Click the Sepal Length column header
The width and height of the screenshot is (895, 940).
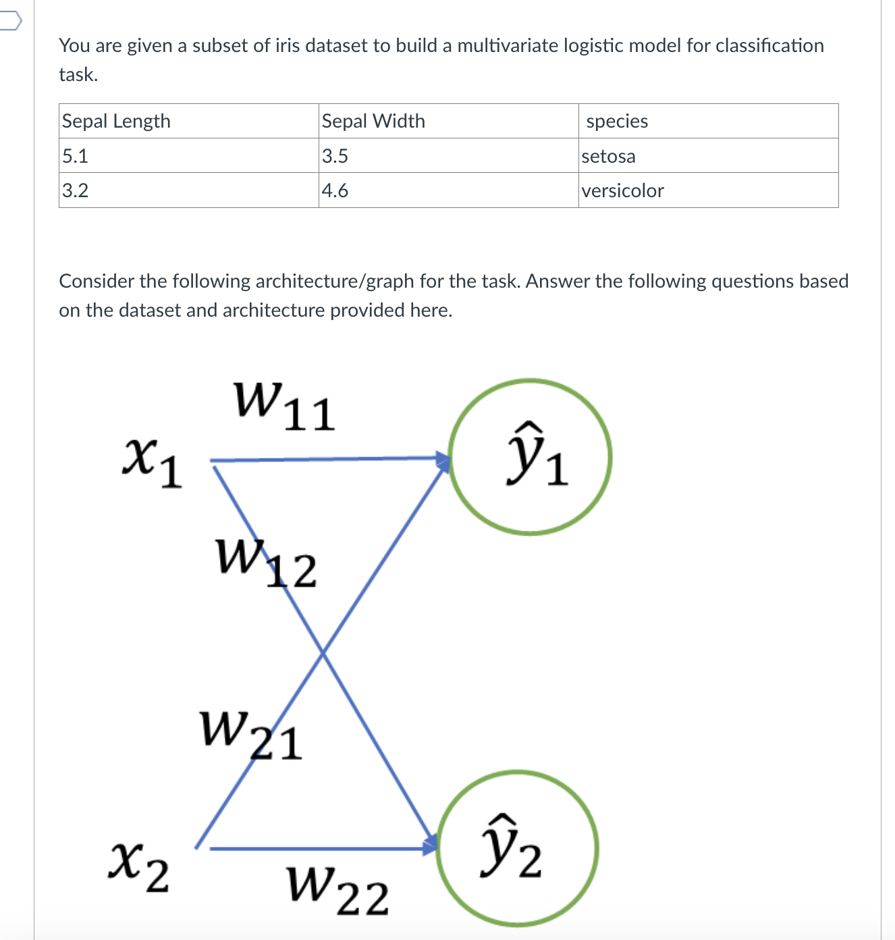pos(116,121)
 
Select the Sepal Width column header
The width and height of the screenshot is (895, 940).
pos(373,121)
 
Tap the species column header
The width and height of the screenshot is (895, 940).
pos(617,122)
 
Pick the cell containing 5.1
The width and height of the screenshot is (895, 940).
pos(75,156)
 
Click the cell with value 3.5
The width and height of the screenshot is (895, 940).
pos(335,156)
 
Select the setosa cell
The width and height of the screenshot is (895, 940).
pos(608,156)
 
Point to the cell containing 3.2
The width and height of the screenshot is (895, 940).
pos(75,190)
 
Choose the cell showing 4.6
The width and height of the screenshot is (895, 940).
pos(335,190)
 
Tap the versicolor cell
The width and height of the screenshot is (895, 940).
pos(622,190)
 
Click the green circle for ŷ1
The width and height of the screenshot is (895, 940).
pos(531,457)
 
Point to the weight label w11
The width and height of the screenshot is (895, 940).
pos(283,406)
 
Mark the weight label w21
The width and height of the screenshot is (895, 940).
pos(251,735)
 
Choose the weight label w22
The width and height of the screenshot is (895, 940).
pos(337,891)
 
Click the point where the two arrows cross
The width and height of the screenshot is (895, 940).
pos(323,652)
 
